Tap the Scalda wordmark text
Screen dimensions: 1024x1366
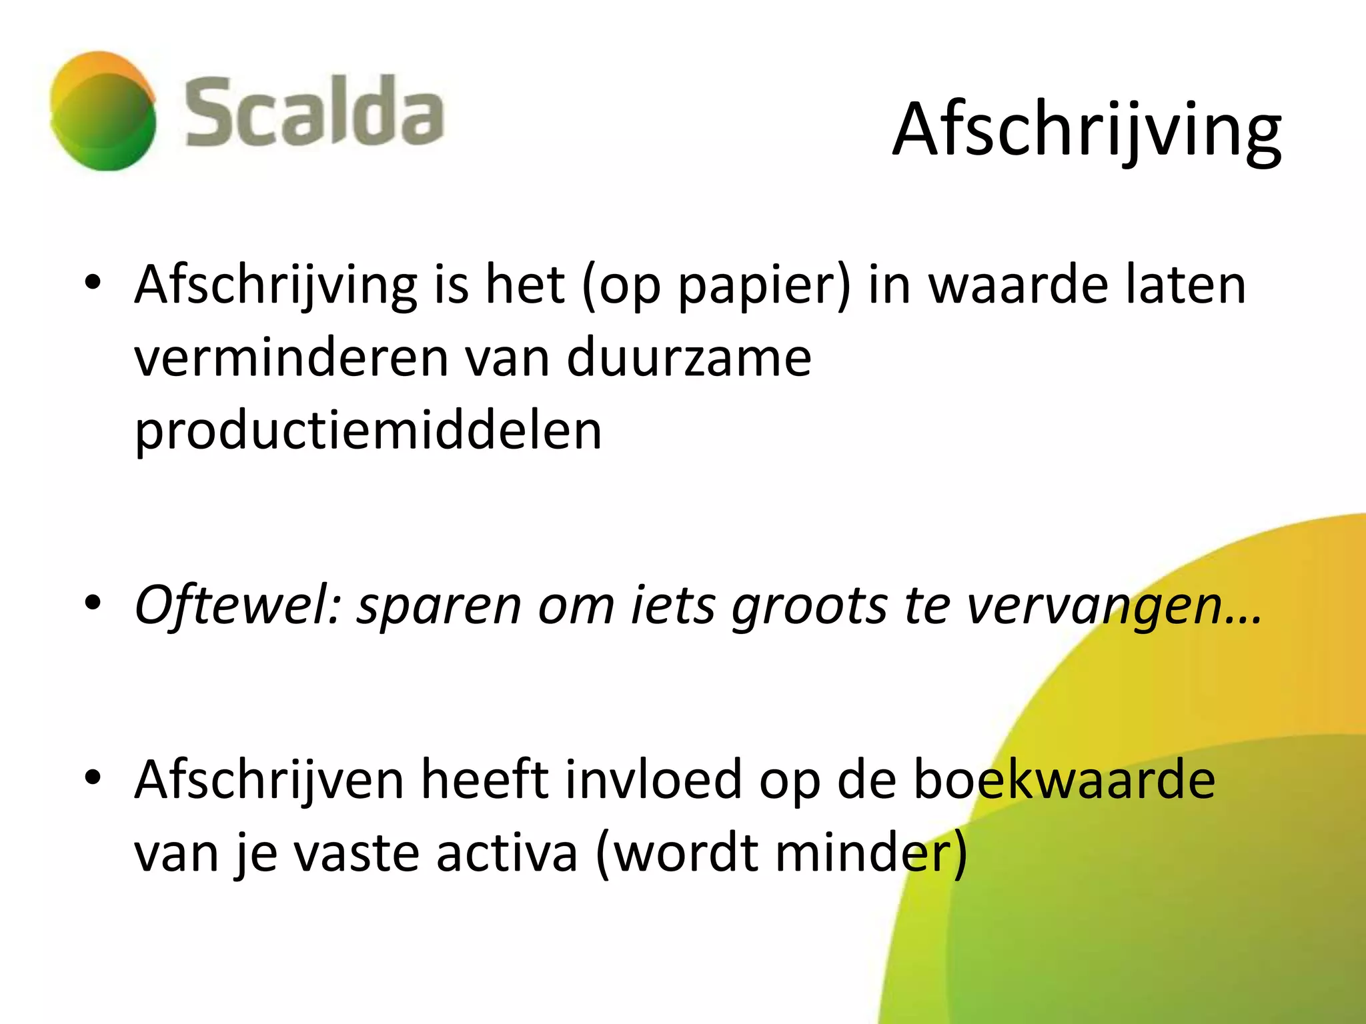[x=313, y=112]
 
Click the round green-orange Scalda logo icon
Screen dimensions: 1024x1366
[x=103, y=111]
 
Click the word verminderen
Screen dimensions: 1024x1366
[x=291, y=359]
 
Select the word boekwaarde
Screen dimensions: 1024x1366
[x=1064, y=780]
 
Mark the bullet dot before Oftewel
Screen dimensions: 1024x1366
[x=93, y=603]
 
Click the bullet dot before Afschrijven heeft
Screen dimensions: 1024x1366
[x=93, y=777]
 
